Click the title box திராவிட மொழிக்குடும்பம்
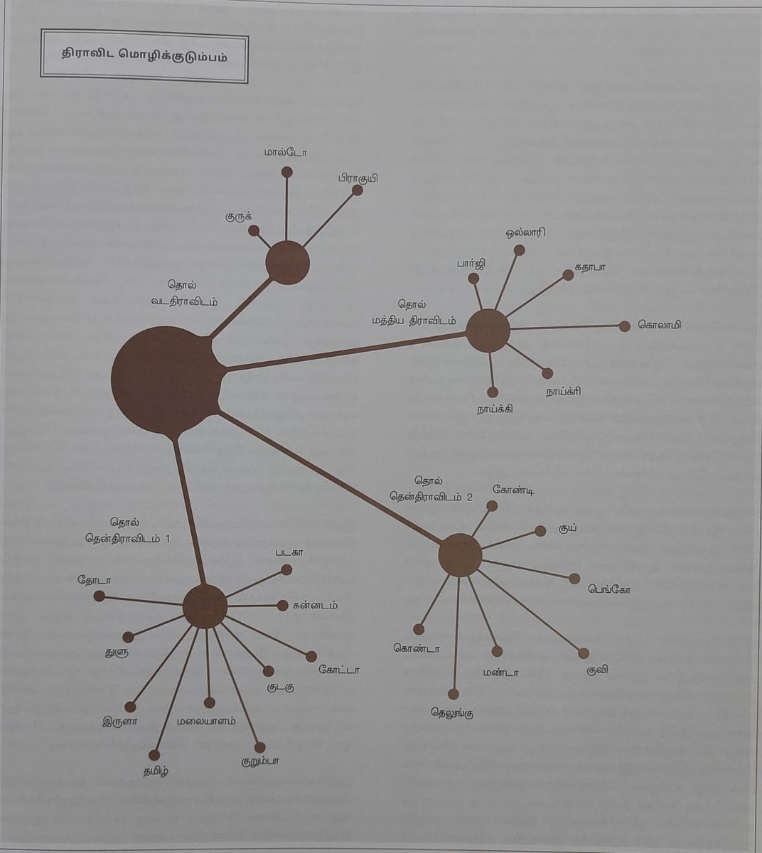pyautogui.click(x=144, y=55)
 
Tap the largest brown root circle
pyautogui.click(x=164, y=380)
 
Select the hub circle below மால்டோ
pyautogui.click(x=287, y=262)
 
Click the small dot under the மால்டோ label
pyautogui.click(x=287, y=172)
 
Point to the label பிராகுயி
pyautogui.click(x=358, y=178)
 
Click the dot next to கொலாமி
pyautogui.click(x=624, y=326)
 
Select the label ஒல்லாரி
pyautogui.click(x=525, y=233)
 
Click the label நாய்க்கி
pyautogui.click(x=495, y=409)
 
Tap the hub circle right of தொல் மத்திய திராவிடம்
pyautogui.click(x=488, y=331)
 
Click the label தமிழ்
pyautogui.click(x=156, y=771)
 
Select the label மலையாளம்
pyautogui.click(x=207, y=720)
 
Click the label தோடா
pyautogui.click(x=94, y=579)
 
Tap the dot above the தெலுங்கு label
pyautogui.click(x=454, y=694)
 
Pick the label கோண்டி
pyautogui.click(x=513, y=489)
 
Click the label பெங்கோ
pyautogui.click(x=609, y=589)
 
